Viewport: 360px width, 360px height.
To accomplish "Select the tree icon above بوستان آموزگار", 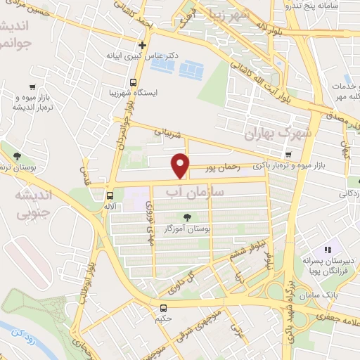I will [188, 217].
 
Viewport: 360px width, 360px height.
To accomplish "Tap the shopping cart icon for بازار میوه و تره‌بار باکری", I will [288, 154].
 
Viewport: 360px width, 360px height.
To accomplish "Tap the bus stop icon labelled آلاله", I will [110, 196].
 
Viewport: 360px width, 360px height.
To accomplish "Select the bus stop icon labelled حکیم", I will [164, 308].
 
